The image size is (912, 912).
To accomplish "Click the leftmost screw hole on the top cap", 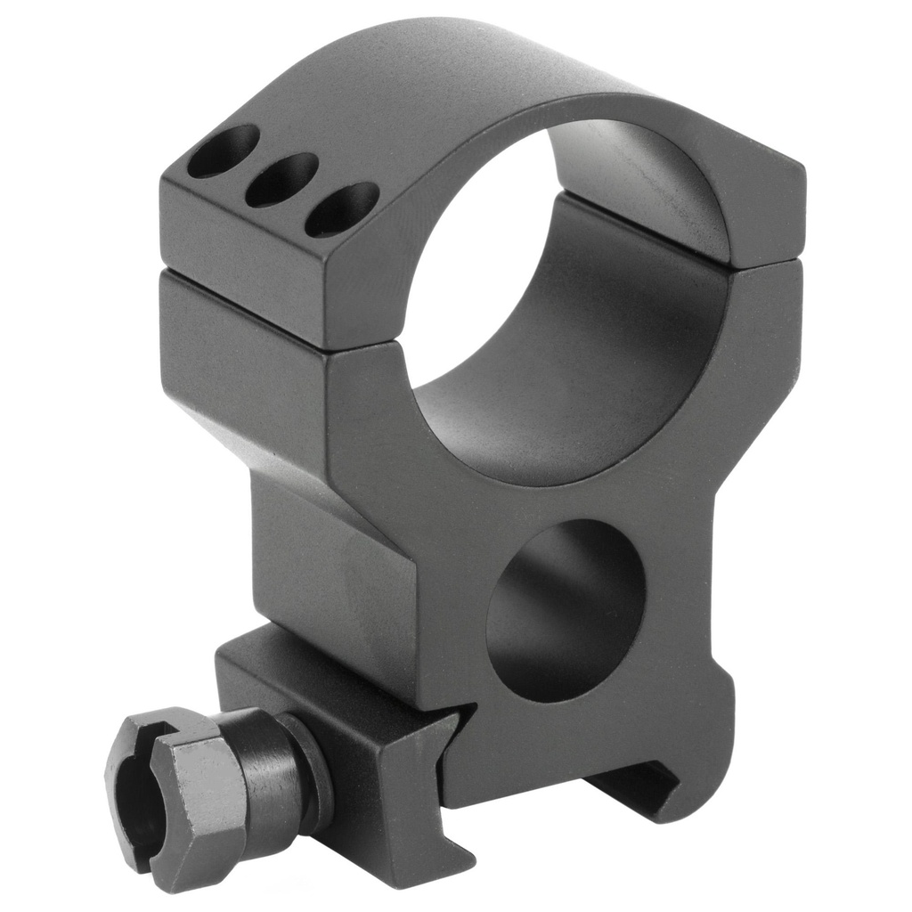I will point(224,151).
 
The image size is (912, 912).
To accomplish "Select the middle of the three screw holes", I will point(281,180).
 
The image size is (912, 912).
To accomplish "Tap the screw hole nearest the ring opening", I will point(341,209).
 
